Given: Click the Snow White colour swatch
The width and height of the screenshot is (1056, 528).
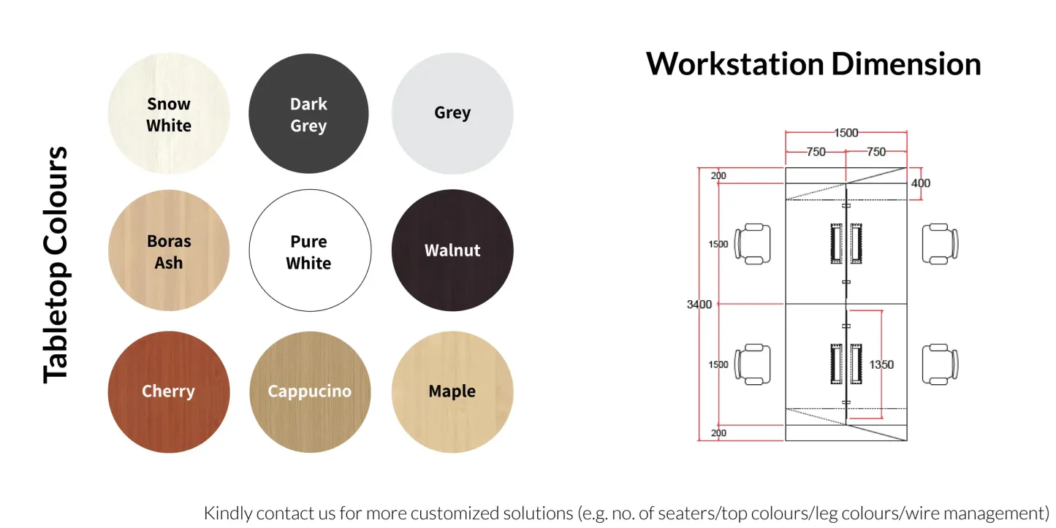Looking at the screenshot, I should pos(169,114).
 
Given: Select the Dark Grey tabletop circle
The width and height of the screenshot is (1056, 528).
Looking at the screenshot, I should pos(308,114).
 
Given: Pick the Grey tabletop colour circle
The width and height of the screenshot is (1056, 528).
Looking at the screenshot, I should pos(452,114).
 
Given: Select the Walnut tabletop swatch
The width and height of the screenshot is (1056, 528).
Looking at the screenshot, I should pos(452,250).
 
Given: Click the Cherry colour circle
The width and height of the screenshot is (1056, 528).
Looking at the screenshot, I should pos(169,391).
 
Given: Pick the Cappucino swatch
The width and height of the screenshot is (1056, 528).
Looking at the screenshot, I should pos(310,391).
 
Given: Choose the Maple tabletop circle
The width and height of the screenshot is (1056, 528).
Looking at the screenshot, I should pos(452,391).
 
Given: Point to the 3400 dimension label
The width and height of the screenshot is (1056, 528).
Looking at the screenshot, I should pos(699,305).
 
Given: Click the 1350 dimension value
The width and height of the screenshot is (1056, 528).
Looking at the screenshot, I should pos(881,364).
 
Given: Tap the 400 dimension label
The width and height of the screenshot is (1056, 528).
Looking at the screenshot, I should pos(921,183).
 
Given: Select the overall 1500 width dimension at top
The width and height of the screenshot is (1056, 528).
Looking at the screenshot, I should pos(846,133).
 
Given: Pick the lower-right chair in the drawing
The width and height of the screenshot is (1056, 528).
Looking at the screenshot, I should pos(940,364).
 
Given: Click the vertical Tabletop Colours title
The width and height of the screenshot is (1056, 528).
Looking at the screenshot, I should pos(56,264).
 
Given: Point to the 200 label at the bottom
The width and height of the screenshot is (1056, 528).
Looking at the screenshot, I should pos(718,433).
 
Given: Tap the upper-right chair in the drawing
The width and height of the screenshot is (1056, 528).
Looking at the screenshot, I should pos(940,243).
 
